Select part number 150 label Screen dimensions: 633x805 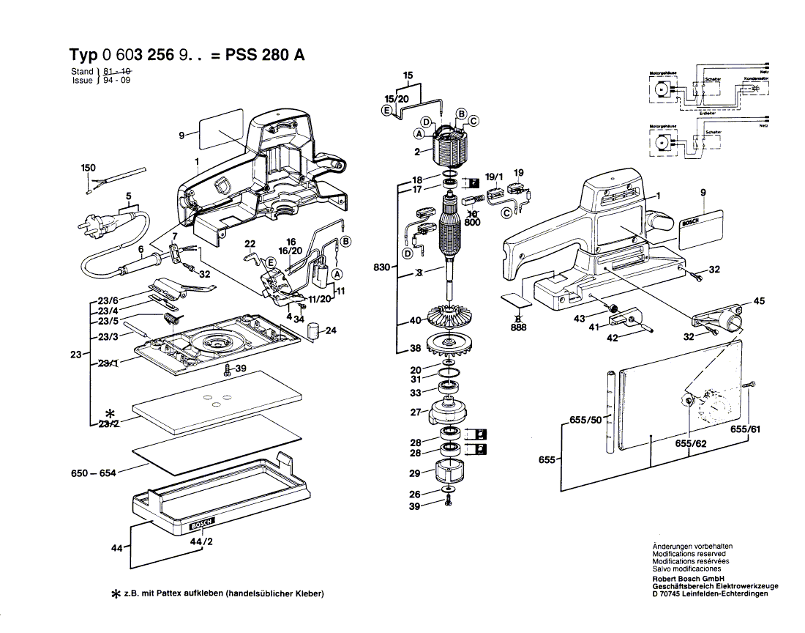tap(88, 168)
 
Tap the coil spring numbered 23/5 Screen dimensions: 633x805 tap(171, 319)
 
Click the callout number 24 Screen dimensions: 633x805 tap(331, 330)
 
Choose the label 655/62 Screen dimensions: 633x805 tap(690, 444)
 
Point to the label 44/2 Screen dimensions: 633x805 tap(198, 541)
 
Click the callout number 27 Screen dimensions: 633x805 tap(415, 412)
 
